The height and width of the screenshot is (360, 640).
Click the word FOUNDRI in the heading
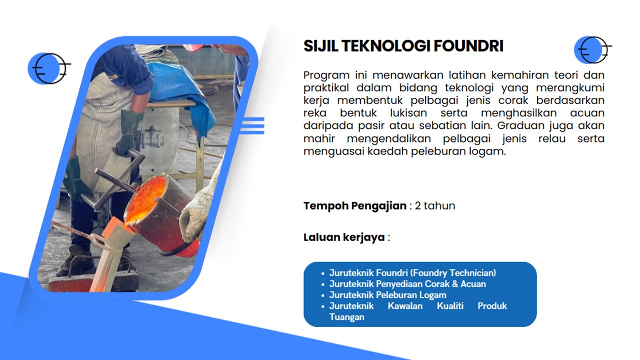468,46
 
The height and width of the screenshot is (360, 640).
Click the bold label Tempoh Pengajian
355,206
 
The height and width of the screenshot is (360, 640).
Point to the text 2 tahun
435,205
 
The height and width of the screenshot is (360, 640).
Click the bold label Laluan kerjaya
344,237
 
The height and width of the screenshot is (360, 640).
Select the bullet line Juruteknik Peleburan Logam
387,295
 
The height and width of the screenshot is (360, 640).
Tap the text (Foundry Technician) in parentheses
453,273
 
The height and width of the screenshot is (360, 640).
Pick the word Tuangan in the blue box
346,317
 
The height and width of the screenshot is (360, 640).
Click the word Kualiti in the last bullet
450,306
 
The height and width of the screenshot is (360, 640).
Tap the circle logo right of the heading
593,50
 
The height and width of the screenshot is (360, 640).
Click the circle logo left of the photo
49,68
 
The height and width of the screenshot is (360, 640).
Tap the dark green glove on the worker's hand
131,132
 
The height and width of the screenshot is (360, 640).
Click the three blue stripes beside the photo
252,125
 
